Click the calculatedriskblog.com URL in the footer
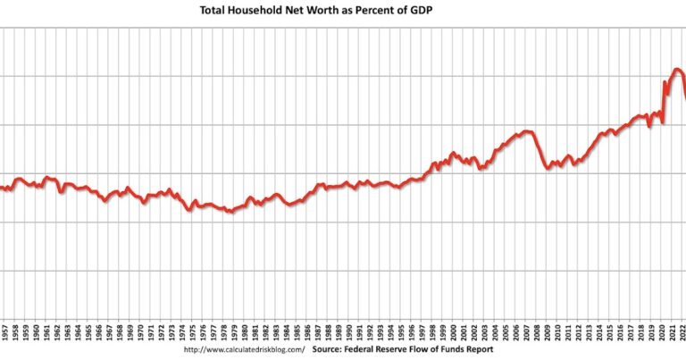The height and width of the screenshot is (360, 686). [244, 350]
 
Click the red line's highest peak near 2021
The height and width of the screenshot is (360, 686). [677, 69]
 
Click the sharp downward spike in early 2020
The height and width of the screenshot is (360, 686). [662, 123]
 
